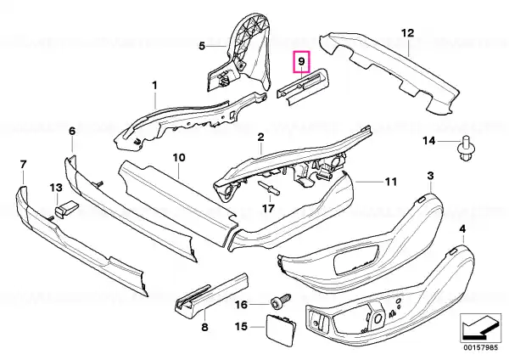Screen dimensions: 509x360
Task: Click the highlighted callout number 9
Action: click(x=301, y=61)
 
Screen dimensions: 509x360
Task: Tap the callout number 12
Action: click(x=408, y=33)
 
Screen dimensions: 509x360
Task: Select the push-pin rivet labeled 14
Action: click(x=464, y=149)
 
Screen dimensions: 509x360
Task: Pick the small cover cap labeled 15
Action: click(x=282, y=327)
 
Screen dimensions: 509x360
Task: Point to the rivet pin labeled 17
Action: click(x=270, y=189)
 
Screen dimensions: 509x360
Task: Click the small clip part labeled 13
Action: click(x=68, y=208)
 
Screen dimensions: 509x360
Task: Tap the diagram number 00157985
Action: click(x=480, y=348)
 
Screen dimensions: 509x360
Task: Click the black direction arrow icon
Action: click(x=480, y=328)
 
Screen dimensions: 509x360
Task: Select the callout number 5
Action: click(x=202, y=46)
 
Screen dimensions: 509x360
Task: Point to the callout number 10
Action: click(x=179, y=158)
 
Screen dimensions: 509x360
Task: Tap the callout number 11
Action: click(x=391, y=182)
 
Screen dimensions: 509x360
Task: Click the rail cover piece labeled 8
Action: click(x=211, y=295)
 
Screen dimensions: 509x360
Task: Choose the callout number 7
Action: click(x=23, y=165)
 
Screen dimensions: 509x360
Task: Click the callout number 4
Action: click(x=462, y=229)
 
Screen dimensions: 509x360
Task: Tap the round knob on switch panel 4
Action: click(x=378, y=319)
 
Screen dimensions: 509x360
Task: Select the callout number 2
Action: click(x=260, y=138)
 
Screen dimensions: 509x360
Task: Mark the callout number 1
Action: click(x=154, y=86)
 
